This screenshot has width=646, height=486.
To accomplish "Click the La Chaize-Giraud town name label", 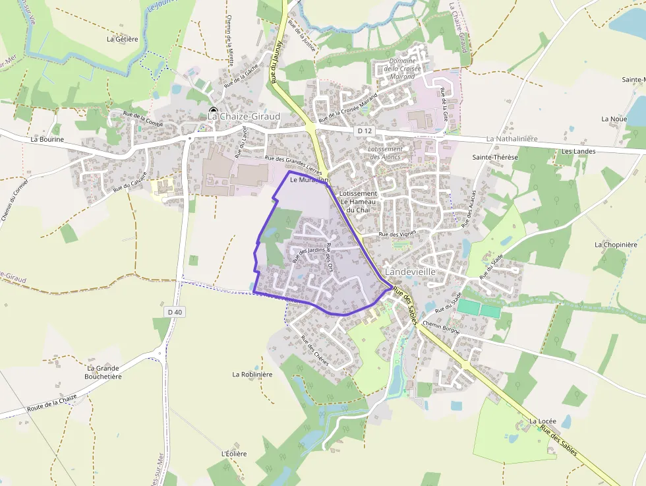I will [x=244, y=117].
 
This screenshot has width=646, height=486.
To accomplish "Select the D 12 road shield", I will [x=365, y=131].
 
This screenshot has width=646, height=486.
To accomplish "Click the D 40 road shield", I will [x=174, y=311].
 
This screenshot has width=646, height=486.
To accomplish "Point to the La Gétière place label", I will [x=123, y=39].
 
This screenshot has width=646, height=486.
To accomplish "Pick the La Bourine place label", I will [x=47, y=140].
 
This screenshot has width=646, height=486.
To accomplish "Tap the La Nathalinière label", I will [x=512, y=139].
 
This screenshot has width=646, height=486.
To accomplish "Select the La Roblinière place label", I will [x=252, y=374].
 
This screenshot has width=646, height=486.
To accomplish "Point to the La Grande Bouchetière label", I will [x=103, y=372].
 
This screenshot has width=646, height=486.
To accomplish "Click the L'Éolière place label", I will [x=234, y=454].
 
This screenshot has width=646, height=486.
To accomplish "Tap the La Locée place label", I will [x=543, y=421].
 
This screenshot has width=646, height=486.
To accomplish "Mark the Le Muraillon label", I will [x=308, y=179].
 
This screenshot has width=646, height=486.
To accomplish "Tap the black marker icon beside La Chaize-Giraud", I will [x=213, y=110].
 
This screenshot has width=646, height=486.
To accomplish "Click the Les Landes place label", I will [x=578, y=152].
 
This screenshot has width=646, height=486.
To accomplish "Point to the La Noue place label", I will [x=614, y=119].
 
